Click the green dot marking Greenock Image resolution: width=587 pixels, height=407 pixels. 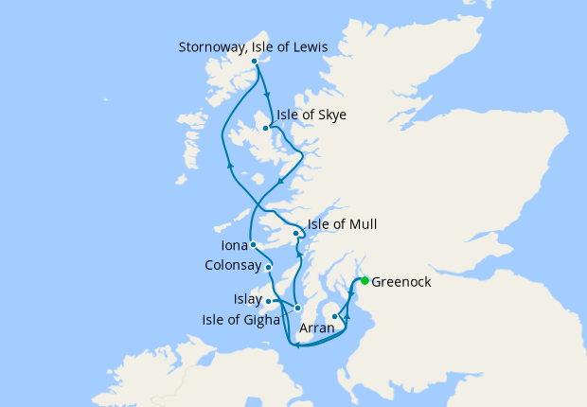pyautogui.click(x=365, y=280)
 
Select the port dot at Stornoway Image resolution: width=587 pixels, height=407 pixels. pyautogui.click(x=254, y=62)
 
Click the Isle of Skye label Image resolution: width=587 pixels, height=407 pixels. pyautogui.click(x=311, y=115)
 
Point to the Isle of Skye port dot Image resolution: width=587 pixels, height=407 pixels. pyautogui.click(x=265, y=127)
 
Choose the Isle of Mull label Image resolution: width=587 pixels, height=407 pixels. pyautogui.click(x=343, y=224)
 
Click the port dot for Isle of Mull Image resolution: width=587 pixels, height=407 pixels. pyautogui.click(x=295, y=233)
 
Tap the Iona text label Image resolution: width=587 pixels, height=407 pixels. pyautogui.click(x=234, y=245)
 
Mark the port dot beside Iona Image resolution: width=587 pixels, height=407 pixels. pyautogui.click(x=253, y=245)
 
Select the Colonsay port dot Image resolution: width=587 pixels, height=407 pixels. pyautogui.click(x=269, y=267)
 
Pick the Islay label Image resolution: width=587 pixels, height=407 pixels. pyautogui.click(x=248, y=300)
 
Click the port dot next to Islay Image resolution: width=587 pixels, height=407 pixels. pyautogui.click(x=269, y=302)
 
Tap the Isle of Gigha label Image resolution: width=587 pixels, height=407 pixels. pyautogui.click(x=240, y=319)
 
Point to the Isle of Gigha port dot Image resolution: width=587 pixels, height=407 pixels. pyautogui.click(x=297, y=308)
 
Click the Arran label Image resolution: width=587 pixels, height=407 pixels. pyautogui.click(x=316, y=328)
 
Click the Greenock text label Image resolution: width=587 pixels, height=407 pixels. pyautogui.click(x=402, y=281)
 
